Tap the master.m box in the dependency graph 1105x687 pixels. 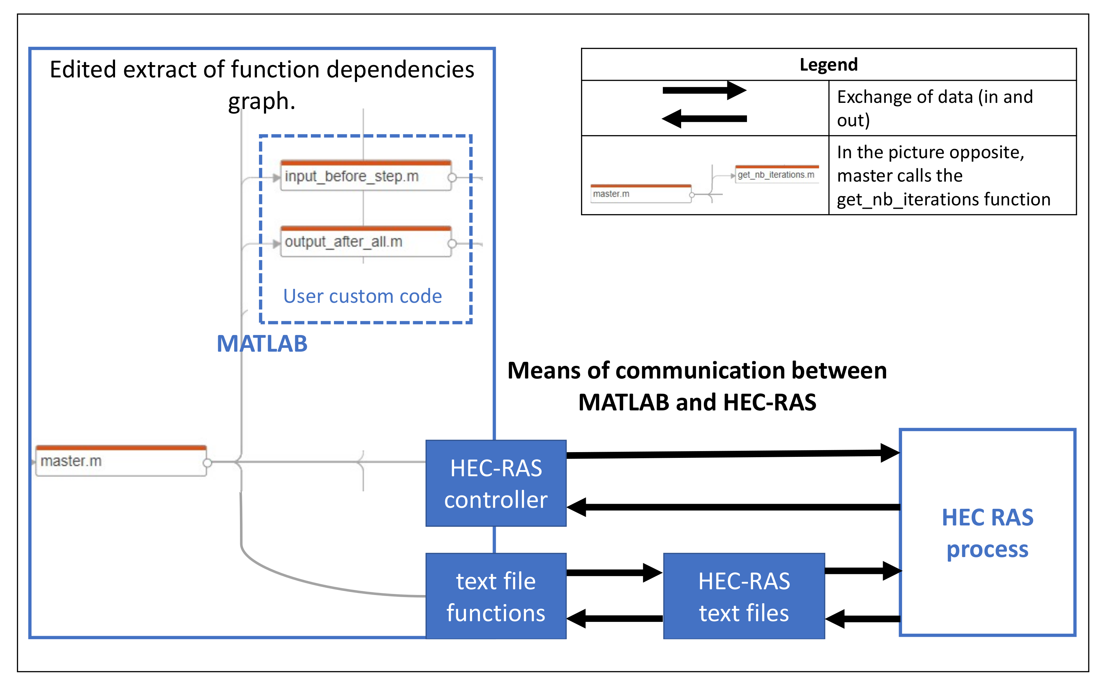pos(121,460)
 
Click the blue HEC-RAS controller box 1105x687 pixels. pos(495,483)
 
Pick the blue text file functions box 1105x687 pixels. pos(495,596)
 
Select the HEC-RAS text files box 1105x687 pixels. pos(744,596)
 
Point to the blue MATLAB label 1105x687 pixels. pos(262,343)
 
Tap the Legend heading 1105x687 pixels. pos(828,64)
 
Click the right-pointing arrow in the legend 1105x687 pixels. pos(705,90)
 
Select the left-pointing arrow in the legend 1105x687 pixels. pos(705,118)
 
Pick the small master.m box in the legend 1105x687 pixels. pos(641,193)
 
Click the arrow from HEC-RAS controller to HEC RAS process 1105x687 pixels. pos(733,453)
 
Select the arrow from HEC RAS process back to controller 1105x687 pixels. pos(733,507)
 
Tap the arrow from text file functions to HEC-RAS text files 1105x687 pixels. pos(615,573)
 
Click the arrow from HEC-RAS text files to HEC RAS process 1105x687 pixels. pos(863,571)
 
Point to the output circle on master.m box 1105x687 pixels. pos(208,463)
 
